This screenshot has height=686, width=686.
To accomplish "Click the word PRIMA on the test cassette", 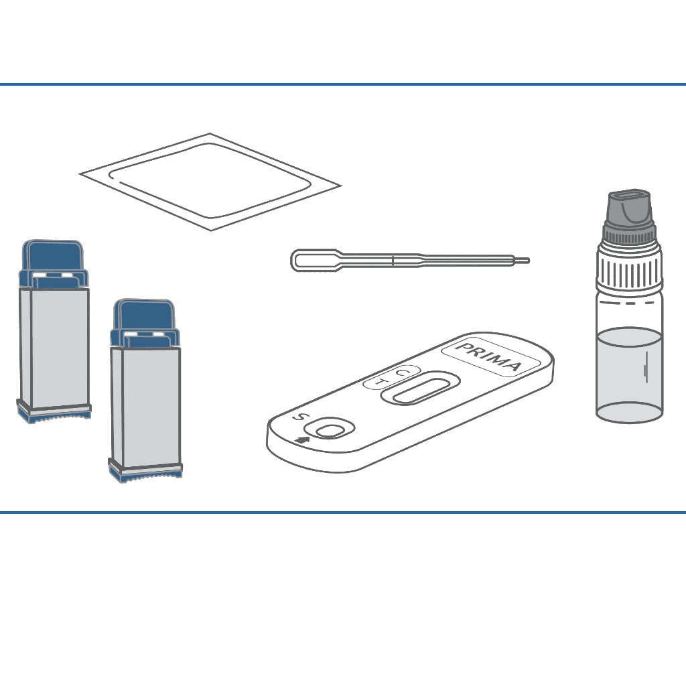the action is click(x=489, y=356).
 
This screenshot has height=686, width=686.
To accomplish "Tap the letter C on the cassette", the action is click(x=401, y=372).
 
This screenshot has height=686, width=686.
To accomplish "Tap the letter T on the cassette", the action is click(x=381, y=383).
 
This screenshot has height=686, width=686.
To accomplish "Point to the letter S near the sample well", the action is click(x=299, y=417).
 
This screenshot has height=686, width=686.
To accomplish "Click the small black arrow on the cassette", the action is click(x=302, y=439).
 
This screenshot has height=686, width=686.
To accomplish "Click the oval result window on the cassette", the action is click(x=421, y=389).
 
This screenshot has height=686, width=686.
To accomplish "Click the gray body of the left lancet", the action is click(x=54, y=348).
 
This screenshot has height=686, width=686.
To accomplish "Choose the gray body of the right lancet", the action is click(x=145, y=407).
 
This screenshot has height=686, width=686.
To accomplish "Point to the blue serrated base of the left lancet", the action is click(x=54, y=415).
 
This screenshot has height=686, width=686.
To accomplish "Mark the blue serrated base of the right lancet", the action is click(x=145, y=474).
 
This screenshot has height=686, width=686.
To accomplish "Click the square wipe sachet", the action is click(x=210, y=182).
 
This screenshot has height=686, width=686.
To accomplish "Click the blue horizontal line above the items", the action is click(x=343, y=84).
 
